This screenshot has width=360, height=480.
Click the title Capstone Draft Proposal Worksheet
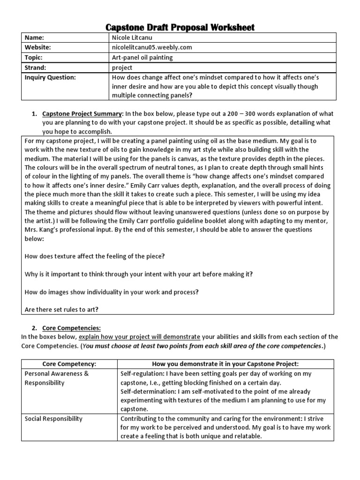click(x=180, y=27)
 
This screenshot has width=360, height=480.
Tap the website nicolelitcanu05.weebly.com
click(x=151, y=47)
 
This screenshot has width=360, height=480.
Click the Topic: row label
click(x=34, y=57)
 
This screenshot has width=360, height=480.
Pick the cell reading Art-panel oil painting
click(x=142, y=57)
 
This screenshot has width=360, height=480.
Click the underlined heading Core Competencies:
click(x=71, y=328)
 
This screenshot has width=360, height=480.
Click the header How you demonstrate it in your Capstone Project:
click(x=225, y=364)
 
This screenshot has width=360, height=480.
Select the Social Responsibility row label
click(x=53, y=418)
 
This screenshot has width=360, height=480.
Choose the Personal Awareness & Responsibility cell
click(x=57, y=378)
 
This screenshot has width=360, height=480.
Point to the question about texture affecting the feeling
click(x=94, y=256)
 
